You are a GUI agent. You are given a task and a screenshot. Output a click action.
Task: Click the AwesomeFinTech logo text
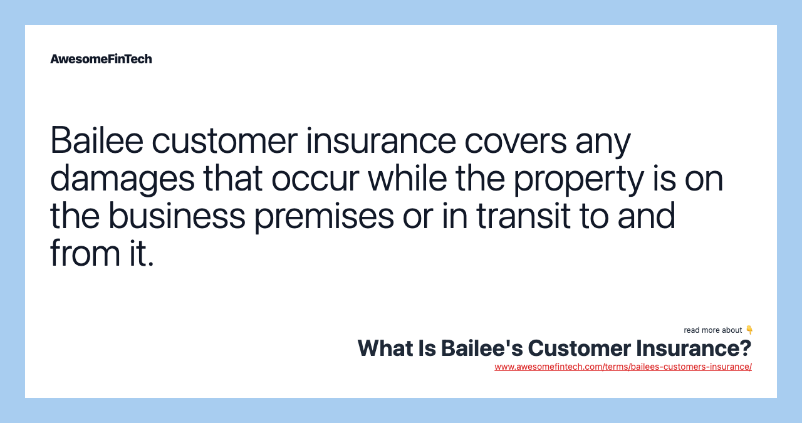101,59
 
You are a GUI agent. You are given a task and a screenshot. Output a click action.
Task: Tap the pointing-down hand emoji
749,330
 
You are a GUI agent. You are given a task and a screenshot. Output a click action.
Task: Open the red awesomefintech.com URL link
623,367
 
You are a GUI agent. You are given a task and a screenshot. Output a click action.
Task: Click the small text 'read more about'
712,330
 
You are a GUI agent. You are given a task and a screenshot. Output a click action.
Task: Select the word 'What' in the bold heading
385,348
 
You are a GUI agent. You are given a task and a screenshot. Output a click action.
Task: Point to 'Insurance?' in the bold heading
694,348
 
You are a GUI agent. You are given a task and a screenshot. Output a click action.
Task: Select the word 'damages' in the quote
122,179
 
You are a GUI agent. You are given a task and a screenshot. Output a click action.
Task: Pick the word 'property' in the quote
578,179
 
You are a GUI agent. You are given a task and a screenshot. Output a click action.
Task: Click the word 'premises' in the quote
324,217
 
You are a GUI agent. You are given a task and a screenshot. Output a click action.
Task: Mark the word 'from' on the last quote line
85,253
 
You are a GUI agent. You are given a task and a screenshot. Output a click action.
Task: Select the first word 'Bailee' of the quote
96,140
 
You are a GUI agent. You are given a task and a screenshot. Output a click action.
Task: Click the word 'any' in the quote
603,144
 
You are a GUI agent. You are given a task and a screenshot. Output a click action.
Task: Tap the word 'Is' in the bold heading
427,348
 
